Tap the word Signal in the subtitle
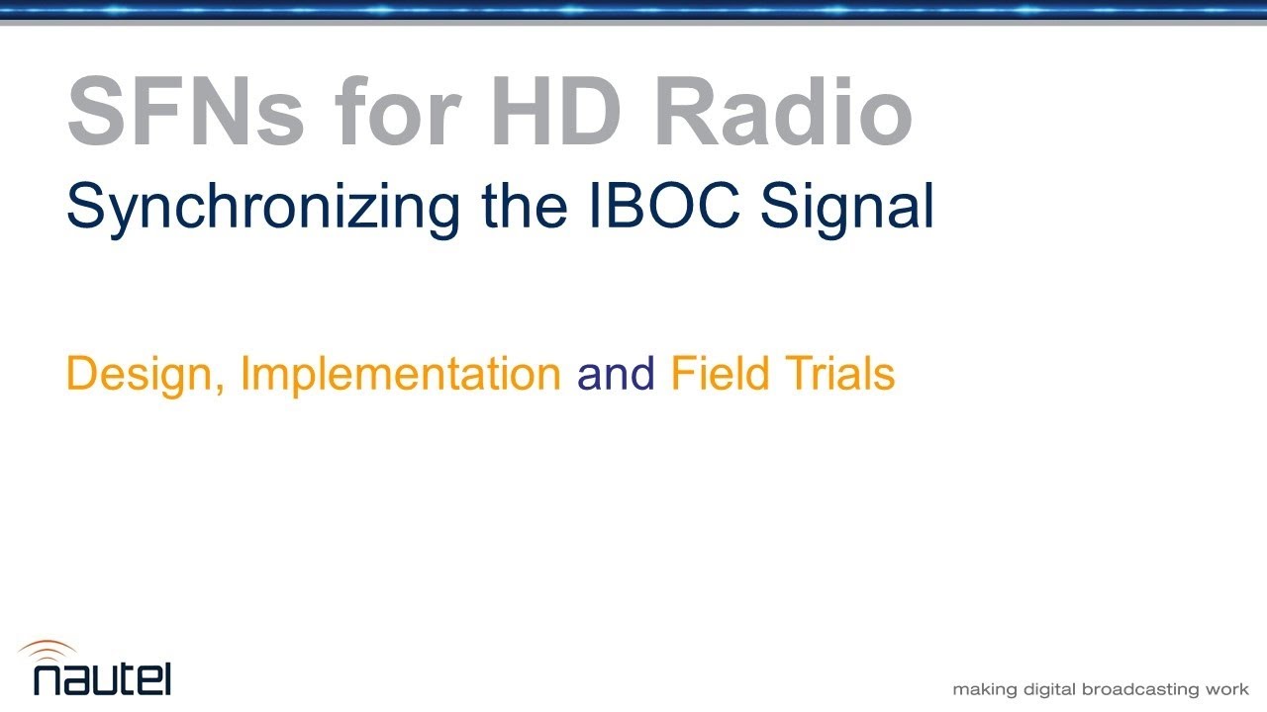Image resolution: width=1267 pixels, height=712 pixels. point(847,208)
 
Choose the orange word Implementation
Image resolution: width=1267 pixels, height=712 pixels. point(401,375)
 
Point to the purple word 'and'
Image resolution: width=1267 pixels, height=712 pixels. point(616,374)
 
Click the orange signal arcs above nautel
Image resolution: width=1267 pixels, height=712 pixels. point(48,650)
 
